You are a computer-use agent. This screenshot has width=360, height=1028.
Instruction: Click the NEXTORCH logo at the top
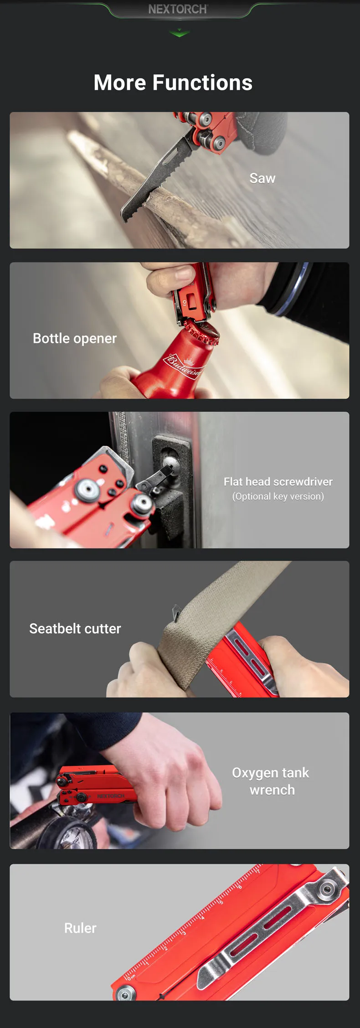[178, 9]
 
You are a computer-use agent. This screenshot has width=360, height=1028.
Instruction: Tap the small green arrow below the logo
[180, 33]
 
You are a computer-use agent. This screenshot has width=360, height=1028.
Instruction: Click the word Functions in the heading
[202, 83]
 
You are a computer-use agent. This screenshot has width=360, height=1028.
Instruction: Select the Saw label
[262, 178]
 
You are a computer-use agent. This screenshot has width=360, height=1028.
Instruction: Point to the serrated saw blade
[155, 180]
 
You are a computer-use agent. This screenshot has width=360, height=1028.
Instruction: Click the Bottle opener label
[75, 338]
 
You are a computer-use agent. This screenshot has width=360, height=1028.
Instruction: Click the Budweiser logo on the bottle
[183, 364]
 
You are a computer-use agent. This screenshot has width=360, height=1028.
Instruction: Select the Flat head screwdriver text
[278, 481]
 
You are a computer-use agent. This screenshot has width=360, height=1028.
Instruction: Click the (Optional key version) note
[278, 496]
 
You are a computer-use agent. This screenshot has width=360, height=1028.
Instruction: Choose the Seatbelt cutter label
[75, 629]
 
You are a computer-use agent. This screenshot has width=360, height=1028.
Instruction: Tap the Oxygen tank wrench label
[271, 781]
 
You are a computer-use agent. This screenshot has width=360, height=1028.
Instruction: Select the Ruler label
[80, 928]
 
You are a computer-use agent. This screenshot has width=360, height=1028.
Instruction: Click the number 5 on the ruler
[221, 902]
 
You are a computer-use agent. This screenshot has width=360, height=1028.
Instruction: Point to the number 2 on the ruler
[166, 948]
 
